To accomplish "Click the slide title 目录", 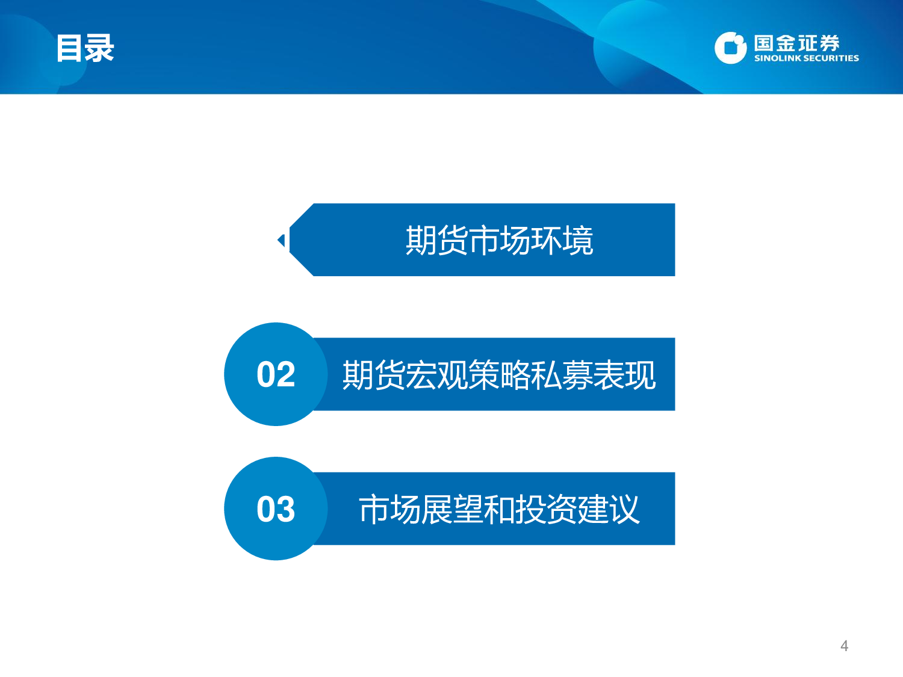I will [x=85, y=48].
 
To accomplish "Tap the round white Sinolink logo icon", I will [x=730, y=48].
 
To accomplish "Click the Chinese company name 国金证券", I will [x=796, y=43].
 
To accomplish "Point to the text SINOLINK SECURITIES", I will [x=806, y=58].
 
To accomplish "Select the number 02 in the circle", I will [x=276, y=374].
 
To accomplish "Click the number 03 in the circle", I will [x=276, y=509].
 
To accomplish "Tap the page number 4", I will [x=844, y=646].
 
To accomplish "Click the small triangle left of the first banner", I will [x=281, y=241].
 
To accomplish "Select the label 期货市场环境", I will [x=499, y=241].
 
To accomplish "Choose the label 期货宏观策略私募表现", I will [x=499, y=375].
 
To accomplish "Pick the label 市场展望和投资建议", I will [x=499, y=509].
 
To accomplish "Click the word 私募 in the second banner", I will [x=562, y=375].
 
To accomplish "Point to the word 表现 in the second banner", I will [x=624, y=375].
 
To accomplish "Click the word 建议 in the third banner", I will [x=609, y=509].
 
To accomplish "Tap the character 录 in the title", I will [x=99, y=48].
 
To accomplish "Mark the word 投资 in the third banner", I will [x=546, y=509].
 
